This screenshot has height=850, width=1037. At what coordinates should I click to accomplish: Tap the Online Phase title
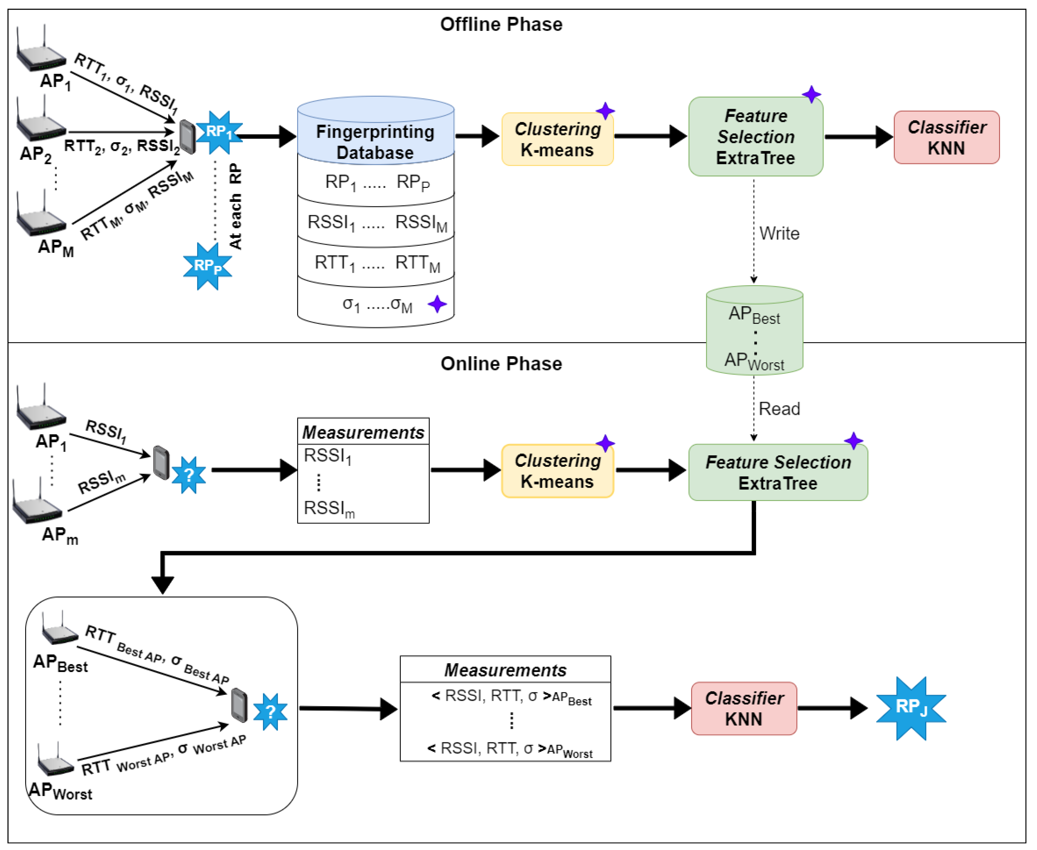pyautogui.click(x=501, y=364)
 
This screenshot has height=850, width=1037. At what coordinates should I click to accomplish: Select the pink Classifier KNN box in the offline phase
pyautogui.click(x=946, y=137)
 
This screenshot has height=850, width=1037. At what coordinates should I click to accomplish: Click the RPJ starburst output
pyautogui.click(x=911, y=708)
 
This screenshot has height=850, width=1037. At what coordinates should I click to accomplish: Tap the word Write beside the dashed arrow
pyautogui.click(x=779, y=234)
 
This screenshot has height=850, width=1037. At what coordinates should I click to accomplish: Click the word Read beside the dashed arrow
pyautogui.click(x=779, y=409)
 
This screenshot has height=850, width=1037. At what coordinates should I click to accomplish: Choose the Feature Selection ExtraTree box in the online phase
pyautogui.click(x=778, y=472)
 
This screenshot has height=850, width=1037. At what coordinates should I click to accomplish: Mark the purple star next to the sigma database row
pyautogui.click(x=437, y=304)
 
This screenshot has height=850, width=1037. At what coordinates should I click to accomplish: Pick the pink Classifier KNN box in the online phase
pyautogui.click(x=744, y=708)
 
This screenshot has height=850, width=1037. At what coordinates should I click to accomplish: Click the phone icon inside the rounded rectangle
pyautogui.click(x=239, y=705)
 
